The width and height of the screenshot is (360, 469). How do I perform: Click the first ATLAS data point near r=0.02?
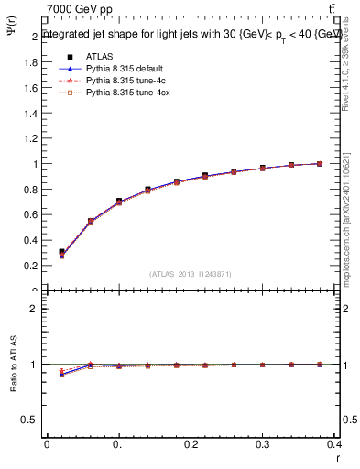point(60,252)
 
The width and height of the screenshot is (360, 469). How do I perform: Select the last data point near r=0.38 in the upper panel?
point(320,164)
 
